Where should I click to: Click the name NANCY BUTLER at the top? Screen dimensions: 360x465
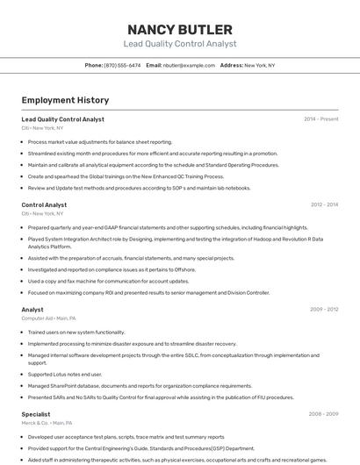coord(179,29)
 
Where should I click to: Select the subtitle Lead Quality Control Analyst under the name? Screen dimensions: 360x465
coord(179,44)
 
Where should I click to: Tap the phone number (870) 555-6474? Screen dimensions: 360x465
coord(122,65)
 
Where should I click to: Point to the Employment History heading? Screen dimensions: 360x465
coord(65,100)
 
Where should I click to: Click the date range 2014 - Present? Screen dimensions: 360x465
coord(320,118)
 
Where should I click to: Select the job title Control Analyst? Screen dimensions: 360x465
coord(44,204)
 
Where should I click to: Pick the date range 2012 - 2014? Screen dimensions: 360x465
coord(324,204)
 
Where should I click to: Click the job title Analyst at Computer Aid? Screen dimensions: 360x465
coord(32,310)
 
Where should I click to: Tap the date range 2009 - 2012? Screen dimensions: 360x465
coord(324,310)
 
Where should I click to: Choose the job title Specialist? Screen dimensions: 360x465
coord(36,413)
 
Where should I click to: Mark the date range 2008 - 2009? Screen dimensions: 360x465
coord(324,413)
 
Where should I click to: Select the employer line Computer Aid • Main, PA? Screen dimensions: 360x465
coord(48,318)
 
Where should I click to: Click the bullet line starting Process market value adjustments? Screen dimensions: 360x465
coord(99,141)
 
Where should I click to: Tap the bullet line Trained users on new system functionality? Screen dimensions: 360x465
coord(76,333)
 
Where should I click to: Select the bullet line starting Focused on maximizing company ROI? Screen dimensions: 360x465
coord(148,292)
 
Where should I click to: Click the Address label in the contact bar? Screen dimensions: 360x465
coord(231,65)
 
